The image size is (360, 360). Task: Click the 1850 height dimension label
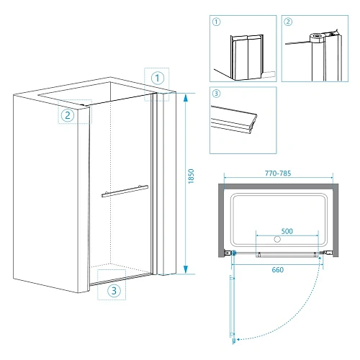pos(191,176)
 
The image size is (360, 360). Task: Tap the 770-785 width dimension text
pos(278,174)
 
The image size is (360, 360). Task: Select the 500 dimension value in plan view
pos(287,231)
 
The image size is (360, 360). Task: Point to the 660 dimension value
pos(278,270)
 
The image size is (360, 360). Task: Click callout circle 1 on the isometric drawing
pos(158,78)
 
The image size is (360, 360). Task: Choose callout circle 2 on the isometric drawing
pos(68,115)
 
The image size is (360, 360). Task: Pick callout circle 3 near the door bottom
pos(114,291)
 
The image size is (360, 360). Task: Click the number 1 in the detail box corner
pos(217,22)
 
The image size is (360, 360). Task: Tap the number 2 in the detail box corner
pos(288,22)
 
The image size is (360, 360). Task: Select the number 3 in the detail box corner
pos(217,94)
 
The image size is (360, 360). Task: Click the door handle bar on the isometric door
pos(125,191)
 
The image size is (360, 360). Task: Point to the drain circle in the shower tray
pos(277,239)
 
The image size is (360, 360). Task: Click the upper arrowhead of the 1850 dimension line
pos(186,97)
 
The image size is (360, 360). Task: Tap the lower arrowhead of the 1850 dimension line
pos(186,269)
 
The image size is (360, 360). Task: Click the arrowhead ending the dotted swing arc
pos(238,339)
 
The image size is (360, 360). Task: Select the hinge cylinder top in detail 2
pos(318,37)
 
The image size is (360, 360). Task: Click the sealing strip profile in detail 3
pos(233,120)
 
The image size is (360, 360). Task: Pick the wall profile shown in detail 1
pos(247,58)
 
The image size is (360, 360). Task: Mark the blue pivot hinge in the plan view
pos(233,253)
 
